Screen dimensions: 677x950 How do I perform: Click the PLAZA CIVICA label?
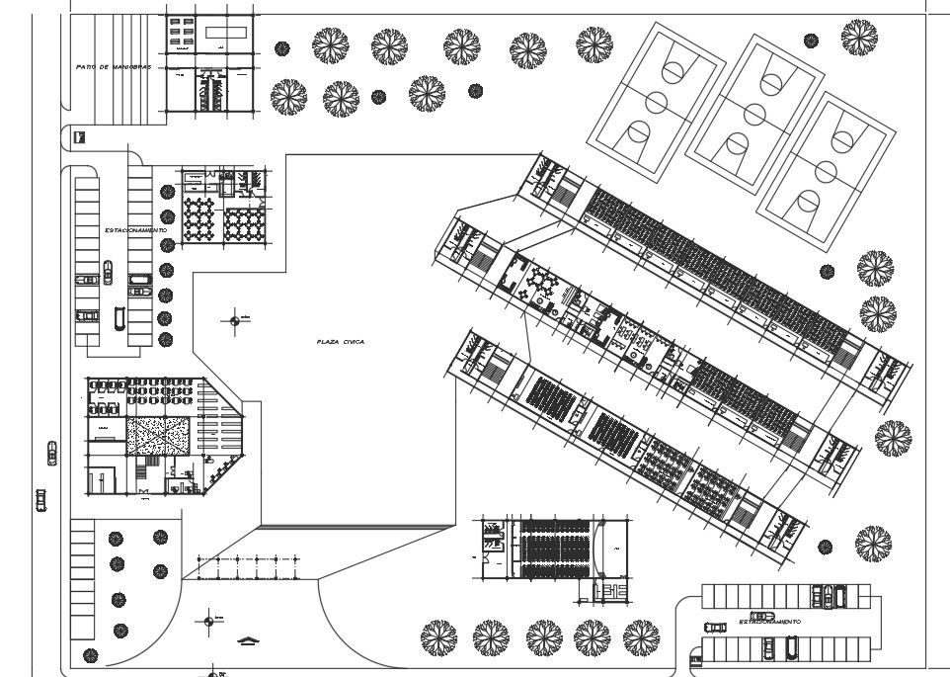(341, 342)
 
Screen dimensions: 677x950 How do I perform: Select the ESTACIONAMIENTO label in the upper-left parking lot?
(135, 230)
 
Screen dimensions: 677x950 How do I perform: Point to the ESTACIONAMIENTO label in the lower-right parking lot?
(768, 622)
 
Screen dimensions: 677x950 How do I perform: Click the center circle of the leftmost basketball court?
(655, 102)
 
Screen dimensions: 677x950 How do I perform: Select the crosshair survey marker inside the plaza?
(235, 318)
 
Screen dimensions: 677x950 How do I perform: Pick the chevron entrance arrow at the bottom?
(247, 642)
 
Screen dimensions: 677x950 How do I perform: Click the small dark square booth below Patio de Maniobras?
(80, 137)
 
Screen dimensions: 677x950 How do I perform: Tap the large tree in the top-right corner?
(859, 37)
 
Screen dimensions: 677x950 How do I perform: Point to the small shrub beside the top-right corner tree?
(811, 41)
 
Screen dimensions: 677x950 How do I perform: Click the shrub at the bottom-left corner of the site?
(91, 655)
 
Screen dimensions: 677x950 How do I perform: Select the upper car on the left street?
(51, 453)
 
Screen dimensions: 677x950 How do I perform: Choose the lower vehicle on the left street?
(40, 499)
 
